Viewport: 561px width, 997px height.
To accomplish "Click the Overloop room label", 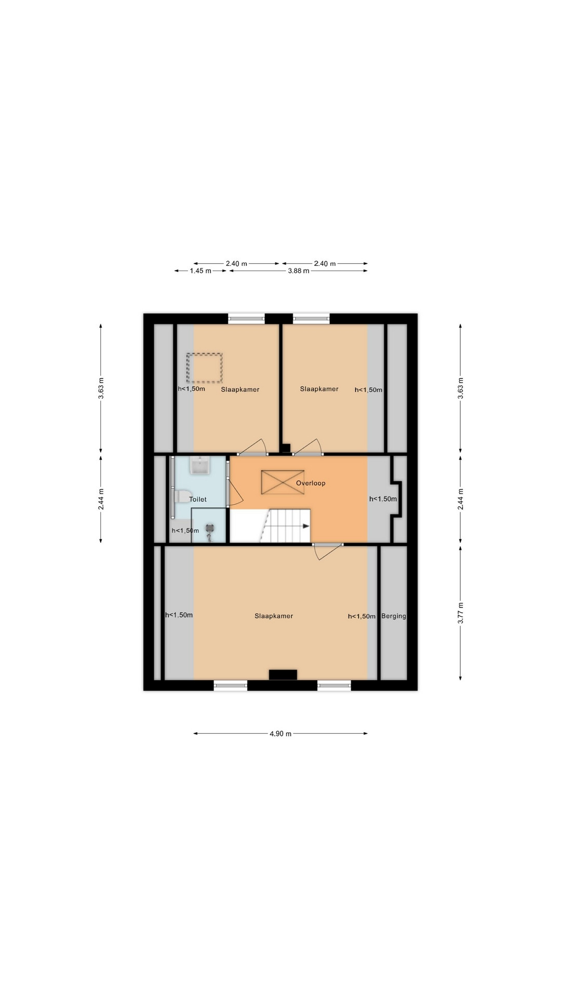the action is (311, 483).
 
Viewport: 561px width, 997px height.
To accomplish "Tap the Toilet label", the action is (198, 499).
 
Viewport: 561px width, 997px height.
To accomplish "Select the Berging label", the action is (394, 616).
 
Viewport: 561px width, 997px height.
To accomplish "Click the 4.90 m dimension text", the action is (280, 734).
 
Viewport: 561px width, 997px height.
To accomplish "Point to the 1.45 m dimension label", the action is (201, 271).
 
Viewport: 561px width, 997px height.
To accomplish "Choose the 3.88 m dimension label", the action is (299, 271).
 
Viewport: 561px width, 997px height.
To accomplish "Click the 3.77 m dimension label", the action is (461, 613).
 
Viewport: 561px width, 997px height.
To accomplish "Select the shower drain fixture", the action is (210, 531).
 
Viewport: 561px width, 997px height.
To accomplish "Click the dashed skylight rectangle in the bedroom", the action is (205, 368).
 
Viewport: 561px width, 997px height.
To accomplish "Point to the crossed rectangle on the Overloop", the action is (283, 482).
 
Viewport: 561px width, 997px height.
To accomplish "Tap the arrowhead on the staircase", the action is (306, 526).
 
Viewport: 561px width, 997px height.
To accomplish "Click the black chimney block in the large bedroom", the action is (283, 675).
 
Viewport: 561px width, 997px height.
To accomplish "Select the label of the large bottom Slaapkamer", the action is (274, 616).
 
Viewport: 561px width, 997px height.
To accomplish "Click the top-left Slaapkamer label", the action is (240, 389).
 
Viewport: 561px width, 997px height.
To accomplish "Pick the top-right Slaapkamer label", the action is (319, 389).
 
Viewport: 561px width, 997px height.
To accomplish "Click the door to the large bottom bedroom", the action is (328, 551).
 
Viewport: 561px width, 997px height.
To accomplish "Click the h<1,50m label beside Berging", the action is (362, 616).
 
